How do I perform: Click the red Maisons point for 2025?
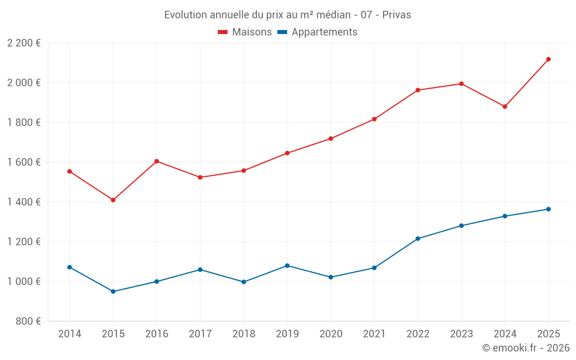[x=548, y=59]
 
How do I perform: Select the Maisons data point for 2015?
[x=113, y=200]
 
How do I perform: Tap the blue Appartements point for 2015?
[x=113, y=291]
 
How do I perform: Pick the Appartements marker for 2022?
[x=418, y=238]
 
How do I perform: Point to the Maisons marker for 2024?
[x=505, y=107]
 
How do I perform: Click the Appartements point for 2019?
[x=287, y=266]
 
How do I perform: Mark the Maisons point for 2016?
[x=157, y=161]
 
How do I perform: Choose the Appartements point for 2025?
[x=548, y=209]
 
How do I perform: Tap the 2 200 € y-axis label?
[x=24, y=43]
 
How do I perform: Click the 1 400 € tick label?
[x=24, y=202]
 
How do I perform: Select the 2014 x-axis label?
[x=70, y=334]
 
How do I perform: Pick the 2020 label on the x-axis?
[x=331, y=334]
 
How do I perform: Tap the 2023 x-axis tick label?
[x=461, y=334]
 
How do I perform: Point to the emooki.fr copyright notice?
[x=525, y=348]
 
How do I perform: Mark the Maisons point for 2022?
[x=418, y=90]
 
